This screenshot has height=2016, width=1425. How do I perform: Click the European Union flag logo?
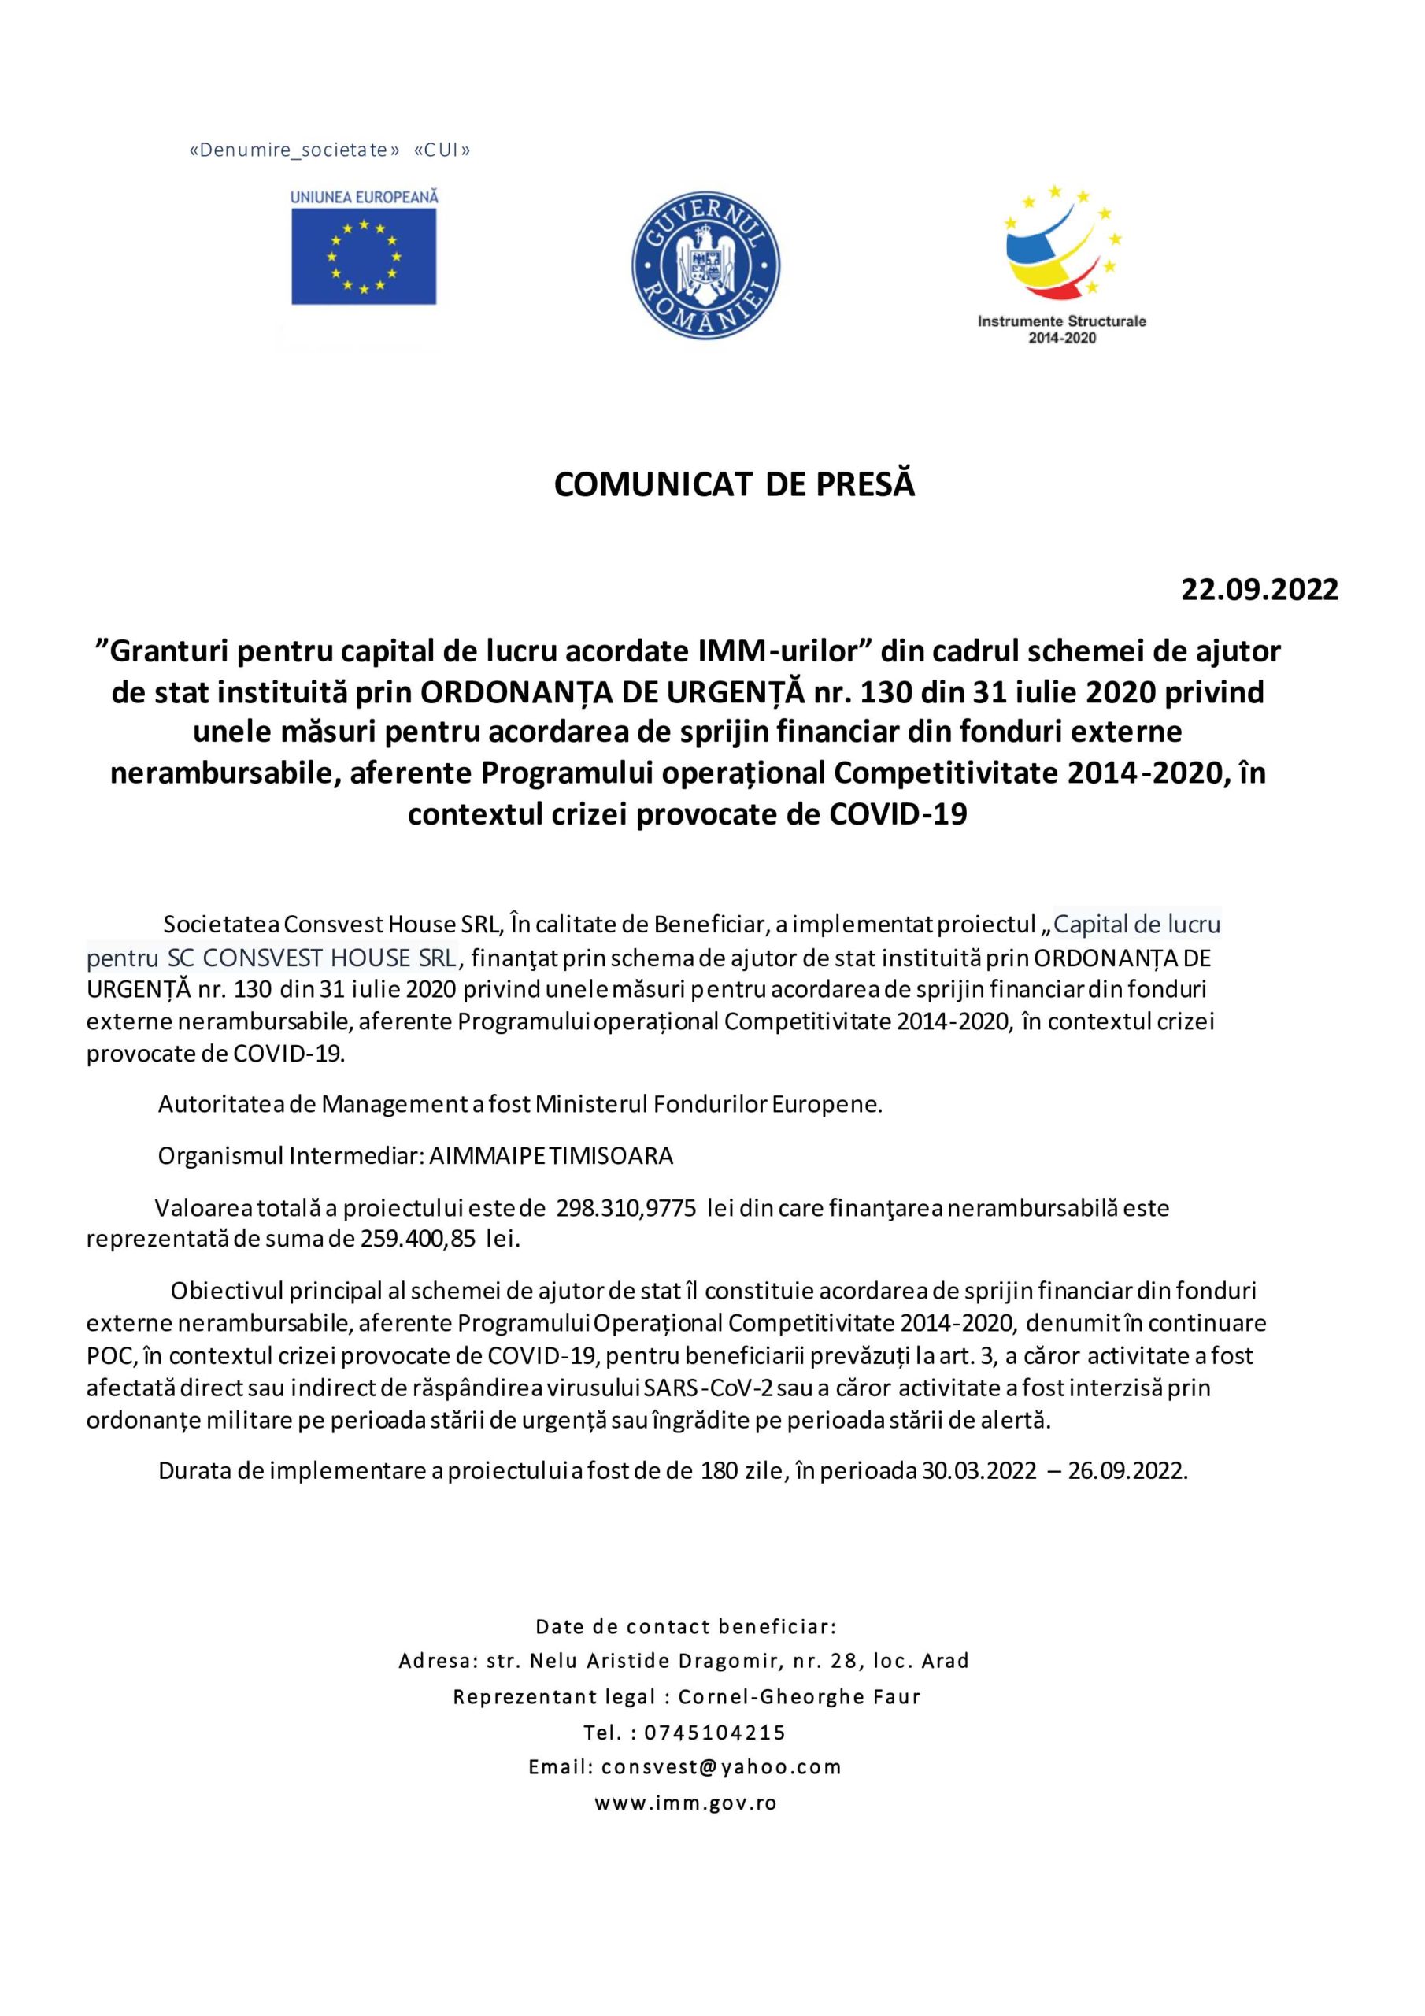pos(364,255)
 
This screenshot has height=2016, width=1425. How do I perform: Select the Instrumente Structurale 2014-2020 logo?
pos(1061,263)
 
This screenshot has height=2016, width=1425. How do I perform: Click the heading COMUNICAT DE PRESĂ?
pos(734,484)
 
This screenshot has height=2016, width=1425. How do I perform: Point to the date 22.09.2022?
pos(1259,588)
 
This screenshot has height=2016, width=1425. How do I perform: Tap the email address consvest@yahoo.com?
pos(721,1766)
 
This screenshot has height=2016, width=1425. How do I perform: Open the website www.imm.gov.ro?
pos(686,1803)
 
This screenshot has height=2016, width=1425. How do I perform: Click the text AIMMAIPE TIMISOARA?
pos(550,1155)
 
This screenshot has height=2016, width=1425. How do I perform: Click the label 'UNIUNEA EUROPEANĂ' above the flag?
pos(364,198)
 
